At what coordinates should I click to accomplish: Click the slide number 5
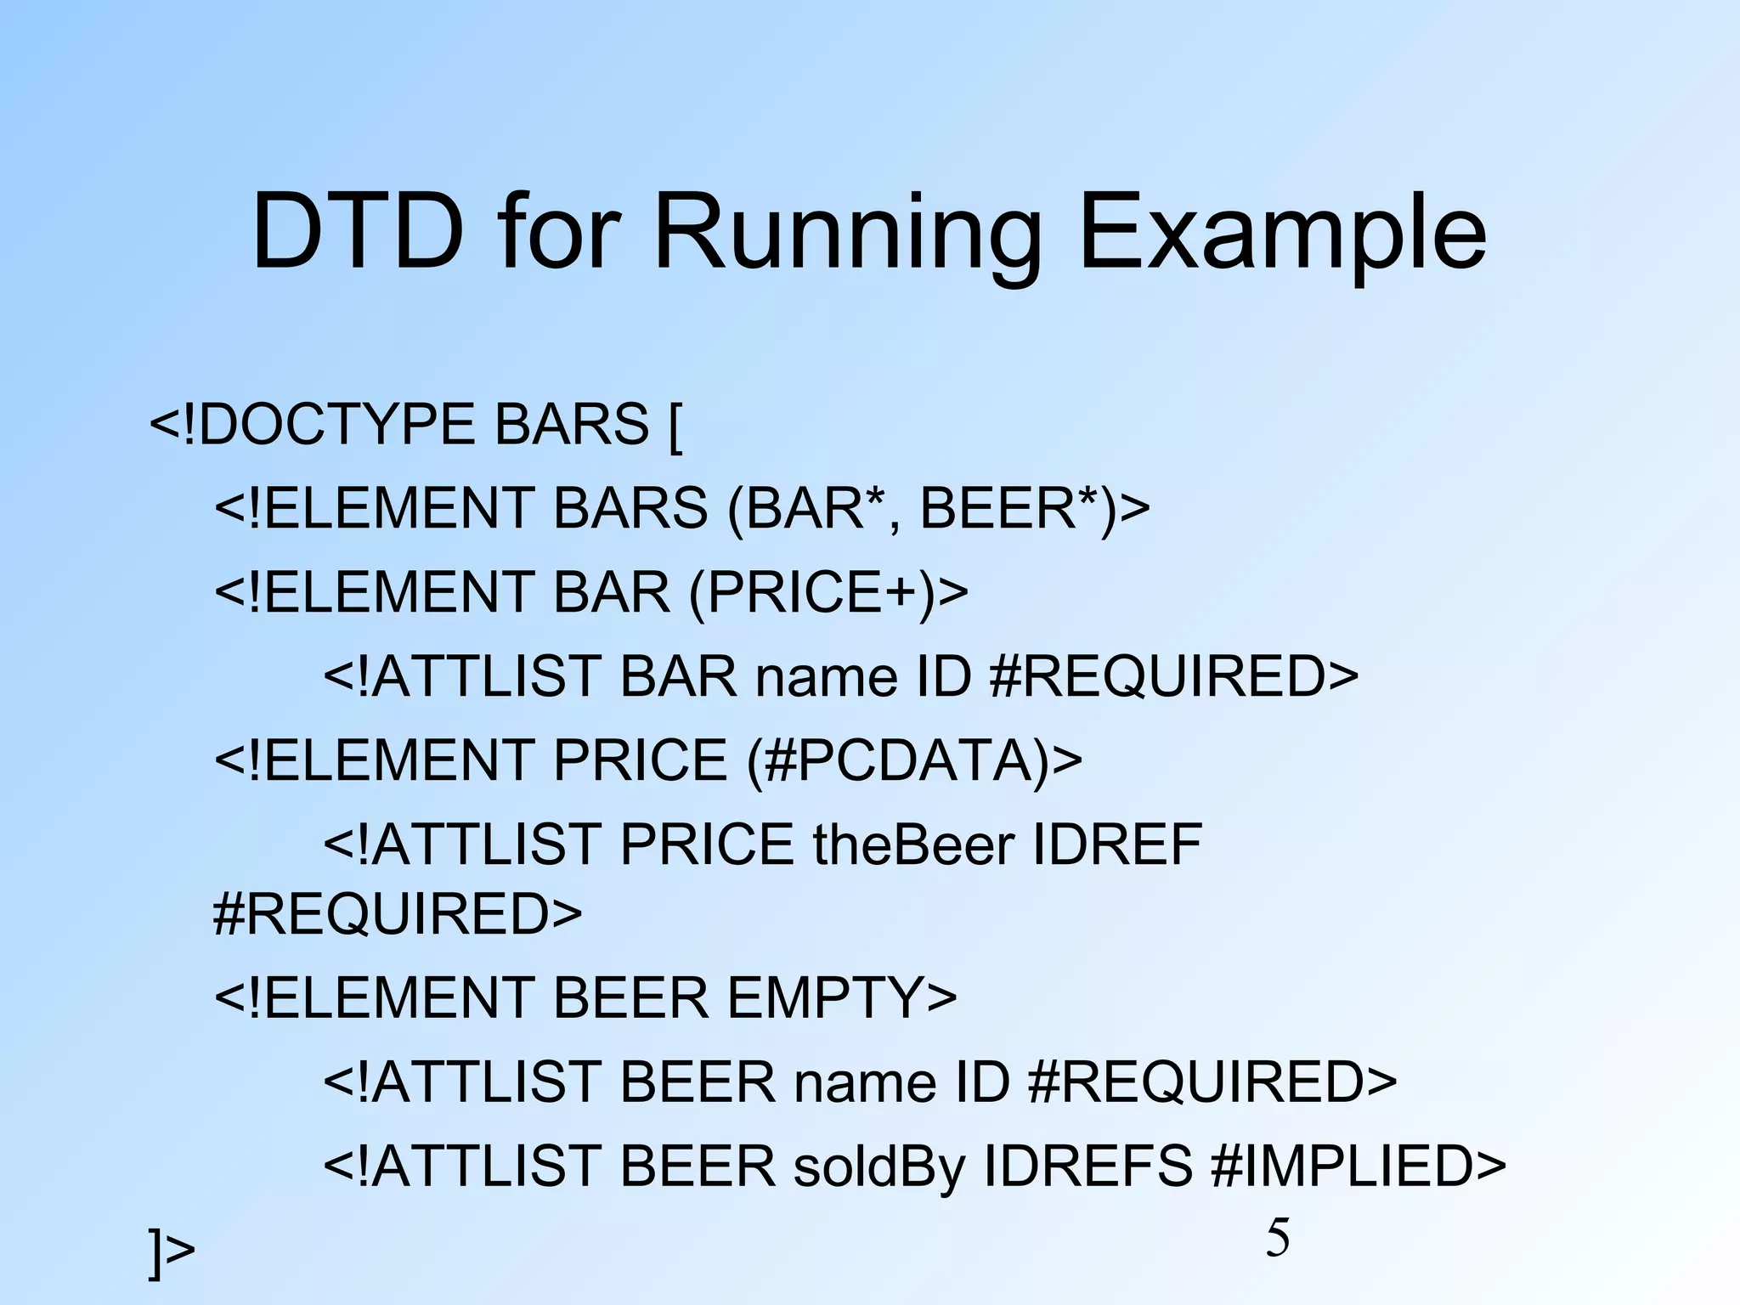[1277, 1237]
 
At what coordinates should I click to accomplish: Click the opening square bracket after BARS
[675, 426]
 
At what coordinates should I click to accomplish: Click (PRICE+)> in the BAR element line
[828, 592]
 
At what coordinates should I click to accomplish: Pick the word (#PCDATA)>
[914, 760]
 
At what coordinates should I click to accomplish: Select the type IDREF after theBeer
[1117, 845]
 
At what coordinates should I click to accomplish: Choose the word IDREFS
[1088, 1167]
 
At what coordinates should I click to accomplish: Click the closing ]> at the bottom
[172, 1250]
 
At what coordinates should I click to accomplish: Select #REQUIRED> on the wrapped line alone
[397, 913]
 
